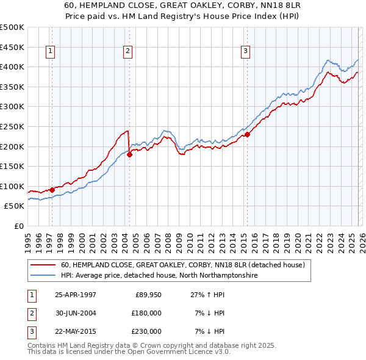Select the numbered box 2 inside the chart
127,51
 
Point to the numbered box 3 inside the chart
245,51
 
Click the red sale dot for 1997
52,190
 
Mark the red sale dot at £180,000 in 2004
129,154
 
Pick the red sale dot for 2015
247,135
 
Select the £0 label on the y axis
18,226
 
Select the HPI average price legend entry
159,276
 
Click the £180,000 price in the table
146,313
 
